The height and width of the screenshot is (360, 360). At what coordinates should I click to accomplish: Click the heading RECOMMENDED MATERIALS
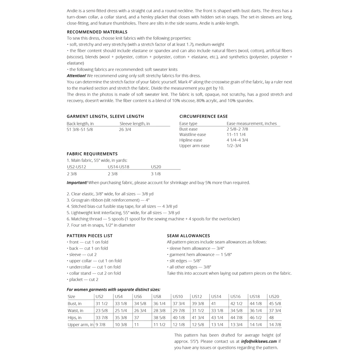point(97,32)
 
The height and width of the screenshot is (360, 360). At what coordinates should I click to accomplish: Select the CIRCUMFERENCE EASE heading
point(203,116)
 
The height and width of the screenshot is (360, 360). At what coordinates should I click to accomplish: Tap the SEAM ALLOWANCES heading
point(188,236)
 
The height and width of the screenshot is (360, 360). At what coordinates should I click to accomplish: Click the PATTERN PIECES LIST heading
point(90,236)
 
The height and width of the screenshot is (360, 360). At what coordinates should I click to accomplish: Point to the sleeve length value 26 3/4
point(125,129)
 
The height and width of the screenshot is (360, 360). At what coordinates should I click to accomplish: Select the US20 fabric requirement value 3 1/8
point(156,174)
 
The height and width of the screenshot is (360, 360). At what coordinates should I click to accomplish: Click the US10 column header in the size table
point(177,297)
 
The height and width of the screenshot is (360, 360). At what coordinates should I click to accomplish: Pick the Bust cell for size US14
point(214,303)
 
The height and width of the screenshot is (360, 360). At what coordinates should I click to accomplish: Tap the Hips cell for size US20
point(272,318)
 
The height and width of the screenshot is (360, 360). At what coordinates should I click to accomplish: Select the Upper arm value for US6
point(136,325)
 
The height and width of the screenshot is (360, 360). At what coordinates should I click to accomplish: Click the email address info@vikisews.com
point(259,341)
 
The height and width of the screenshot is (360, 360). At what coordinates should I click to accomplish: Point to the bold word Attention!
point(76,76)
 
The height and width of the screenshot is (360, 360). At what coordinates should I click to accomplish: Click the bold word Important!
point(77,183)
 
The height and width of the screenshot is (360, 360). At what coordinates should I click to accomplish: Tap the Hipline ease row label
point(191,140)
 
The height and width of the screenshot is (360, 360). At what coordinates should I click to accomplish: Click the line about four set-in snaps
point(101,225)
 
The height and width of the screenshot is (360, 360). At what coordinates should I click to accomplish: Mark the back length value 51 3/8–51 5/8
point(80,129)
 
